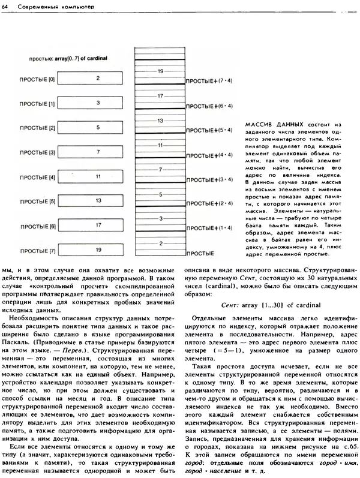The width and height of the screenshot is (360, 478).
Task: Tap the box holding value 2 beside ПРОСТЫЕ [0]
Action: tap(97, 79)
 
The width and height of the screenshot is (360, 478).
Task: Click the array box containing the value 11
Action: tap(97, 178)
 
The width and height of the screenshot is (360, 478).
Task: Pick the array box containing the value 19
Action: tap(97, 249)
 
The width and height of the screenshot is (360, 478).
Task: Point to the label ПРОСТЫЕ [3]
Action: tap(37, 153)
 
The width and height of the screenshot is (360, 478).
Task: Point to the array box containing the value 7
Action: tap(97, 152)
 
